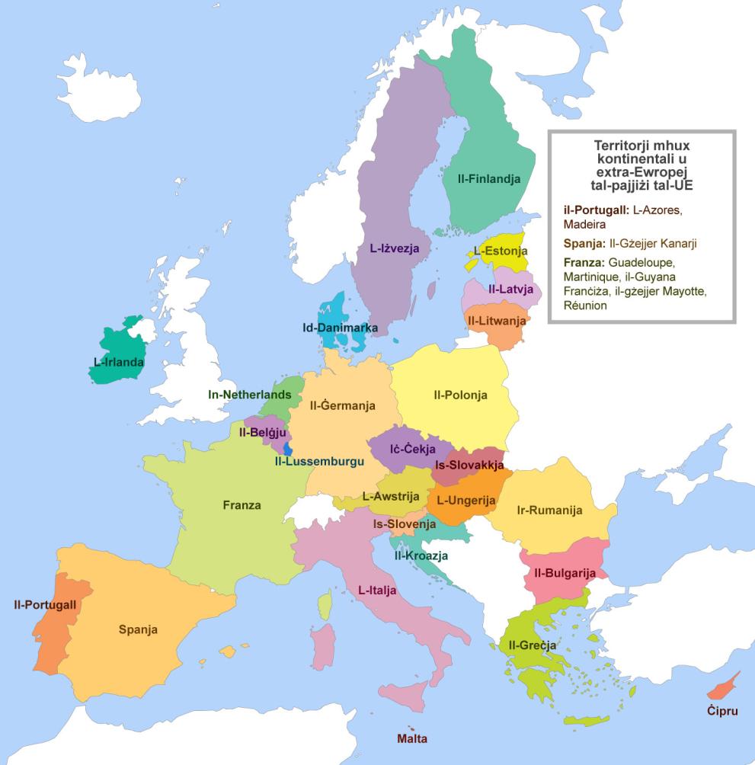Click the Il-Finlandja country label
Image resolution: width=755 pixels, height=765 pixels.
(x=489, y=180)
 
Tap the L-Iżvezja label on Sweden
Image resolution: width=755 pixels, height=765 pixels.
(x=395, y=248)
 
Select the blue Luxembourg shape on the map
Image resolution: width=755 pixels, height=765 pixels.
(x=287, y=448)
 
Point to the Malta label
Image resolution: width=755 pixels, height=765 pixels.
(x=412, y=738)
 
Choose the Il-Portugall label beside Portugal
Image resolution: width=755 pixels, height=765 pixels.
(x=45, y=605)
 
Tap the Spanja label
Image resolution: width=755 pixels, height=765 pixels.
(x=138, y=629)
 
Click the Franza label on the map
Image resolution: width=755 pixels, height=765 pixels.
(x=242, y=504)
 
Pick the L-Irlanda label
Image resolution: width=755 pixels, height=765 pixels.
(x=119, y=362)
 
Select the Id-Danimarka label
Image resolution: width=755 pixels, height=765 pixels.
(x=341, y=328)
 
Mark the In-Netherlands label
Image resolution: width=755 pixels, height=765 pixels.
(x=250, y=395)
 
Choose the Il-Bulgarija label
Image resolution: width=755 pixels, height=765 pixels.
(x=565, y=573)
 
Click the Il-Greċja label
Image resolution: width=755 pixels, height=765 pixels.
(x=532, y=645)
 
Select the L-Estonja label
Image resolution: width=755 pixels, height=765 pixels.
(x=501, y=250)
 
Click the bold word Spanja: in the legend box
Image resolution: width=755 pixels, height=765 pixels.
(x=583, y=244)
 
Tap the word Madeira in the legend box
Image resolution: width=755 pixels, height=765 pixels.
(x=584, y=225)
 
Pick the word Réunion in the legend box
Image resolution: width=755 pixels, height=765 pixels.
(x=585, y=306)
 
